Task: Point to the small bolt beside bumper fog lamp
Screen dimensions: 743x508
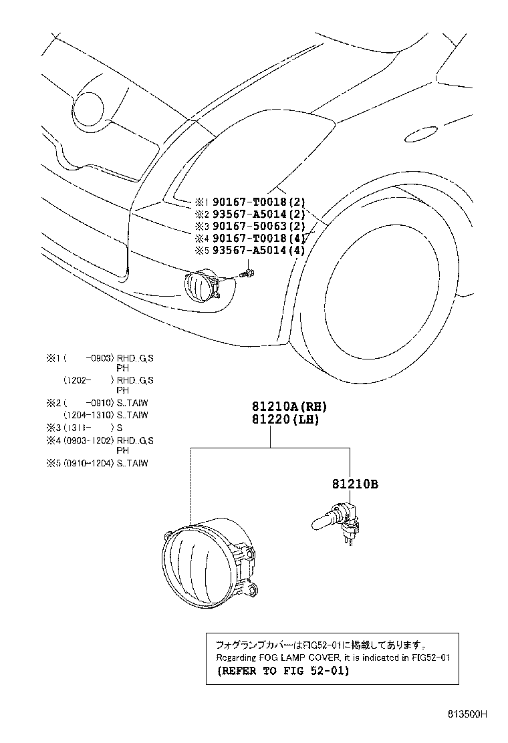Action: [x=249, y=273]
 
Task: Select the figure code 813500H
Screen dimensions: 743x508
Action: [x=467, y=714]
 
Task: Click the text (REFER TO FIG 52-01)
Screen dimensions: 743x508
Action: [x=282, y=671]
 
